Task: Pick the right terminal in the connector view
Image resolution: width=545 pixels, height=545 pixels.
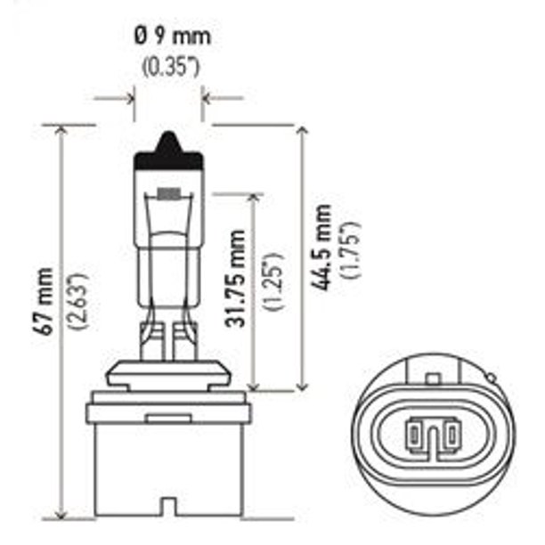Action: coord(451,435)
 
